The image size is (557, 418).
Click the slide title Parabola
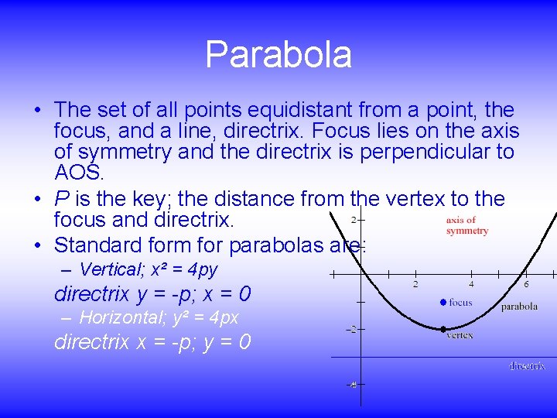coord(278,55)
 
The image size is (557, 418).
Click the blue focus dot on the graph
coord(443,302)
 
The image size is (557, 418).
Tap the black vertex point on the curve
coord(443,329)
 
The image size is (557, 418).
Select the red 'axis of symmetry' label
coord(467,225)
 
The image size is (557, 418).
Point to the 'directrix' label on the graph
coord(527,366)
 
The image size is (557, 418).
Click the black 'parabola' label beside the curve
coord(519,307)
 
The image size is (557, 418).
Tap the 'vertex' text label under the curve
coord(460,336)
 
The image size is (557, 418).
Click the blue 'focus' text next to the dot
coord(460,303)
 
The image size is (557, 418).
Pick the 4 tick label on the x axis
coord(471,284)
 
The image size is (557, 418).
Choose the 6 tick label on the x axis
coord(527,284)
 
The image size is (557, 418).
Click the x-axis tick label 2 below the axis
coord(415,284)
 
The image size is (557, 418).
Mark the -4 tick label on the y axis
coord(351,385)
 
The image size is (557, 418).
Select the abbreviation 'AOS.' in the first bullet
coord(79,171)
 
